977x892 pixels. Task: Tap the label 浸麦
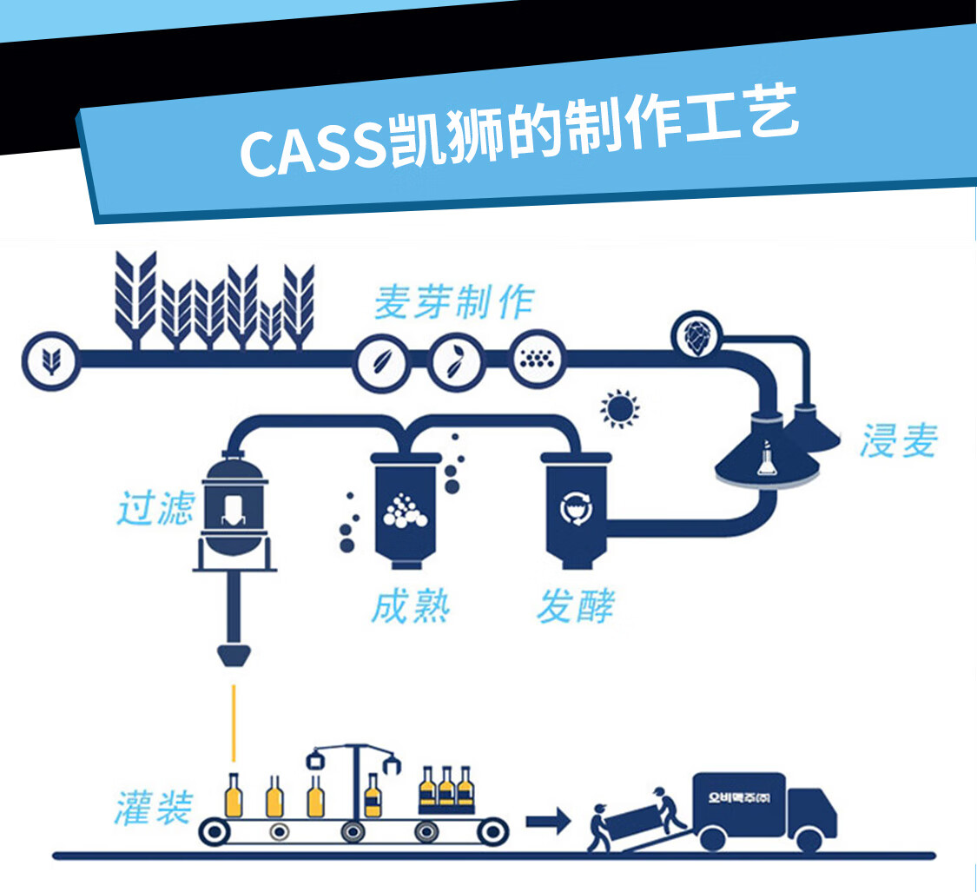[x=899, y=441]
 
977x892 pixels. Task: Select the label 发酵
[x=575, y=605]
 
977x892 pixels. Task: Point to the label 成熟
[x=410, y=605]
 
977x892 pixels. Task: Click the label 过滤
[x=155, y=507]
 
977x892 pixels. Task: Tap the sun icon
[x=619, y=409]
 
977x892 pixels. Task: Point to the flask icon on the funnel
[x=766, y=459]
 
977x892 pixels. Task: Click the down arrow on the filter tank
[x=232, y=509]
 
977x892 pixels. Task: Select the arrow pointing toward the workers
[x=548, y=820]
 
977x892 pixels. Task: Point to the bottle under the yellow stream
[x=233, y=795]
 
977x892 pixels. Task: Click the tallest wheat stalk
[x=136, y=295]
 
